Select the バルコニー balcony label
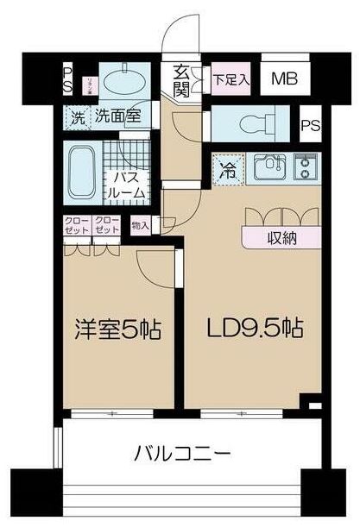181,452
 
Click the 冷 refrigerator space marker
231,166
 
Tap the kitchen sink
270,164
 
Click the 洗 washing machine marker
78,112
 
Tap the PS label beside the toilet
310,124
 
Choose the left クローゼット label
78,226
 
